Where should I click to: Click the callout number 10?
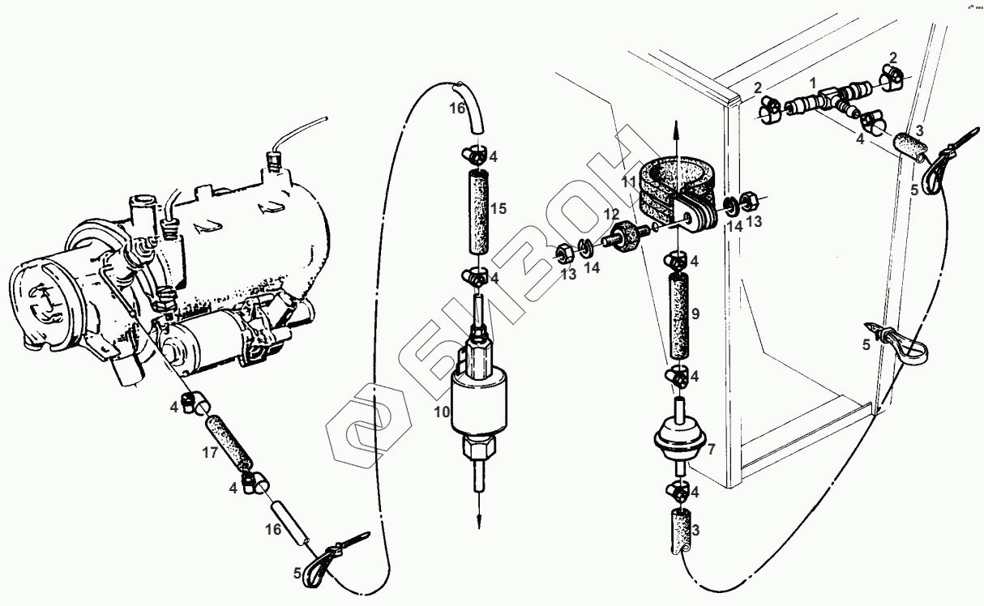441,412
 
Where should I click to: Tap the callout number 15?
498,209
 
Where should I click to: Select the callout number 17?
210,453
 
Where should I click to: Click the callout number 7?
712,449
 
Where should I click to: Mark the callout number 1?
811,83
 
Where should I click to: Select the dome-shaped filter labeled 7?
679,437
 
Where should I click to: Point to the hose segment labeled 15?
477,211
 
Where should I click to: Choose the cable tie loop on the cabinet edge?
898,343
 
